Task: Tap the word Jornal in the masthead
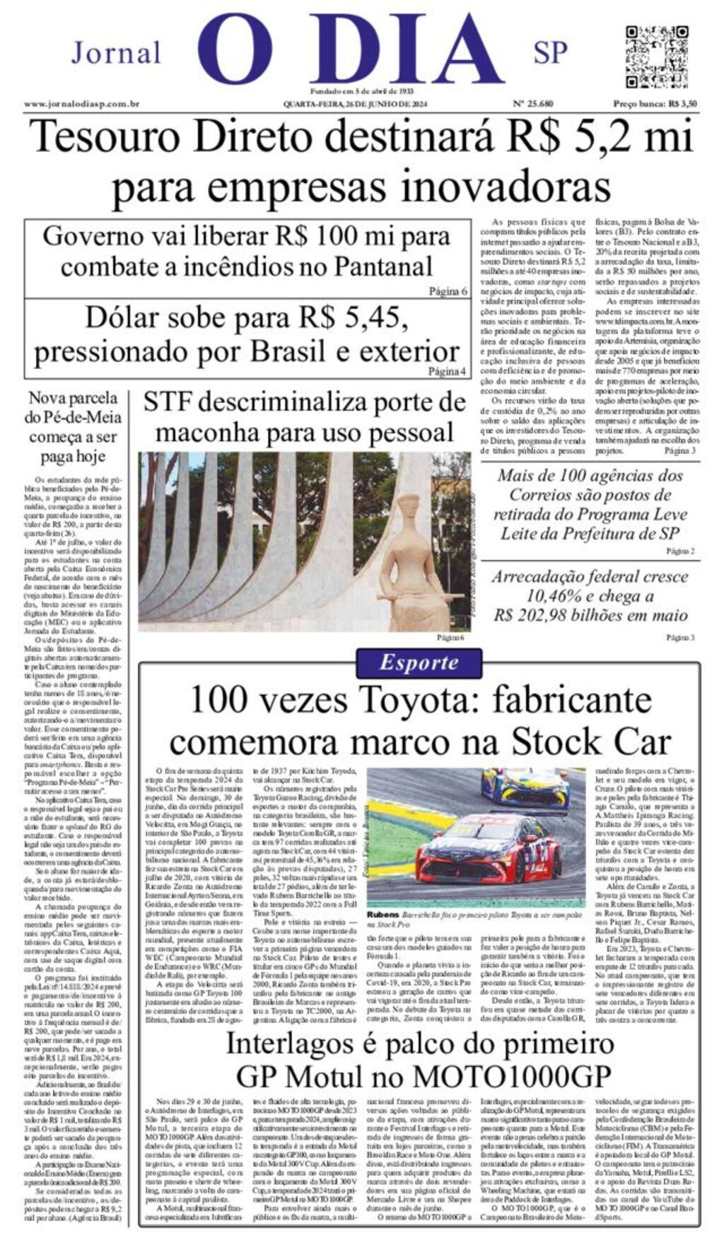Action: coord(117,53)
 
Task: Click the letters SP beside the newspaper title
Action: coord(551,52)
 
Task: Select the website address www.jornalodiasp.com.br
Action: coord(81,104)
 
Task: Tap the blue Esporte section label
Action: coord(419,662)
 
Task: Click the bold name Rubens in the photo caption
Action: coord(382,915)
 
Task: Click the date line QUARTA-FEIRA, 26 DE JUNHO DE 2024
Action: coord(356,104)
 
